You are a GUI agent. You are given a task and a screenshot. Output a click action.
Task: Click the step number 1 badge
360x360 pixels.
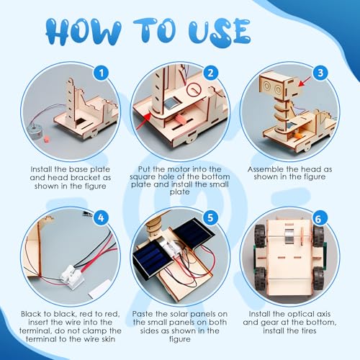coord(102,73)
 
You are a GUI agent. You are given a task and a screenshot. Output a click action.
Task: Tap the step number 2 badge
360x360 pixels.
coord(210,73)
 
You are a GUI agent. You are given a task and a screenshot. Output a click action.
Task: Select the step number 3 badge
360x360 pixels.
coord(320,73)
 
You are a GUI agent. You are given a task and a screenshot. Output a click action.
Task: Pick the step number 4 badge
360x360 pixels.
coord(101,217)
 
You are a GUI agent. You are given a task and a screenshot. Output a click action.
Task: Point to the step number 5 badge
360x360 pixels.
coord(210,217)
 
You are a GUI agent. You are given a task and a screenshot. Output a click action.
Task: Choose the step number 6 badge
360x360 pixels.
coord(318,218)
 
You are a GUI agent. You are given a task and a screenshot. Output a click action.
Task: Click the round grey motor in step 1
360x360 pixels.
coord(35,132)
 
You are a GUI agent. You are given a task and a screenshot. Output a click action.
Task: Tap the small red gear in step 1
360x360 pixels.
coord(46,139)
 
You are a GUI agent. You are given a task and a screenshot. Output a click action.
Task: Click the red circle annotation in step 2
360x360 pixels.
coord(194,89)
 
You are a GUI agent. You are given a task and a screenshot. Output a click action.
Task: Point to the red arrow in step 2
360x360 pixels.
coord(145,121)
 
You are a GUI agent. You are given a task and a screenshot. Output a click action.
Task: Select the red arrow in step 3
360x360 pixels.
coord(305,81)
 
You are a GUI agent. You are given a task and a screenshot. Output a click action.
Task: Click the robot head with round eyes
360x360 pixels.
coord(278,85)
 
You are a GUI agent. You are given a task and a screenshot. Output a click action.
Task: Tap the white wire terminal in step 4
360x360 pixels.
coord(71,276)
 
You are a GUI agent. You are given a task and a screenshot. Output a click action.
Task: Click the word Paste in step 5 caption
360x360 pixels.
coord(143,314)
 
